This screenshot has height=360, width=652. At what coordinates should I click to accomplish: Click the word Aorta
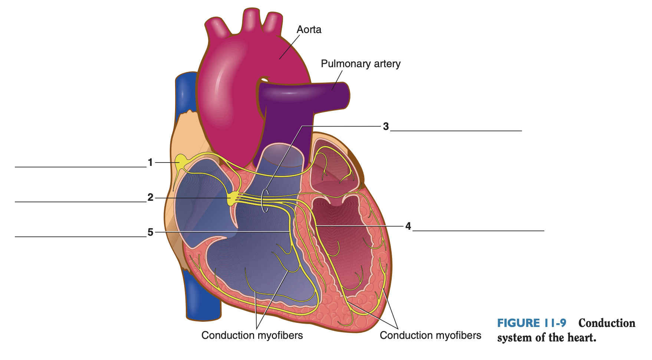(309, 30)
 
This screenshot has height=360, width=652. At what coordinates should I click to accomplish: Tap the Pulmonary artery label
(360, 64)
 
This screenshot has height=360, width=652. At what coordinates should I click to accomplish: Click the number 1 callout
(150, 162)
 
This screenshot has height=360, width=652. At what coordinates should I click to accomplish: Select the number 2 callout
(150, 197)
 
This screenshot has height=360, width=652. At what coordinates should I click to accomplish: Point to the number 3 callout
(386, 127)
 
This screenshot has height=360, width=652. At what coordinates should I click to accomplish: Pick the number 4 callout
(408, 226)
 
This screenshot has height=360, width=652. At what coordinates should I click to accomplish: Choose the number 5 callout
(150, 232)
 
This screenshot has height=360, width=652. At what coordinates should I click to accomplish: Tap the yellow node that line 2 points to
(233, 197)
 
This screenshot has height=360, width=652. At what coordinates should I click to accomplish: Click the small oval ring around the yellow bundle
(265, 200)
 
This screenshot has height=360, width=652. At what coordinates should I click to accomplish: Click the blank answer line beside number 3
(456, 130)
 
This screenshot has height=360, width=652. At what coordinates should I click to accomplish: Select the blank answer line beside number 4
(478, 230)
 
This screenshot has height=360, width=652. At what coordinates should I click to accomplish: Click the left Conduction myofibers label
(252, 335)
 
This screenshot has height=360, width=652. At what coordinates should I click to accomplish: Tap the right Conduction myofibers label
(430, 335)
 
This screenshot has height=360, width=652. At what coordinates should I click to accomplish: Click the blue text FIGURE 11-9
(531, 323)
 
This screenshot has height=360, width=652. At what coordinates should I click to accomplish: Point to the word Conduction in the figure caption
(607, 323)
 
